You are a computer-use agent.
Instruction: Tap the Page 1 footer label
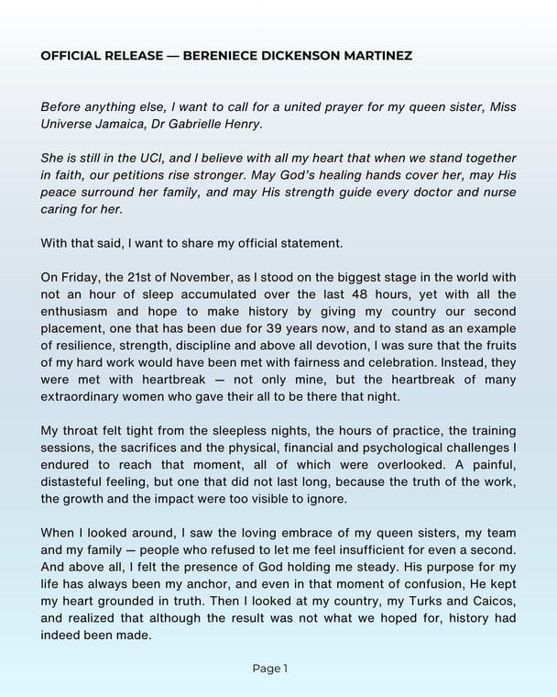point(270,669)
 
